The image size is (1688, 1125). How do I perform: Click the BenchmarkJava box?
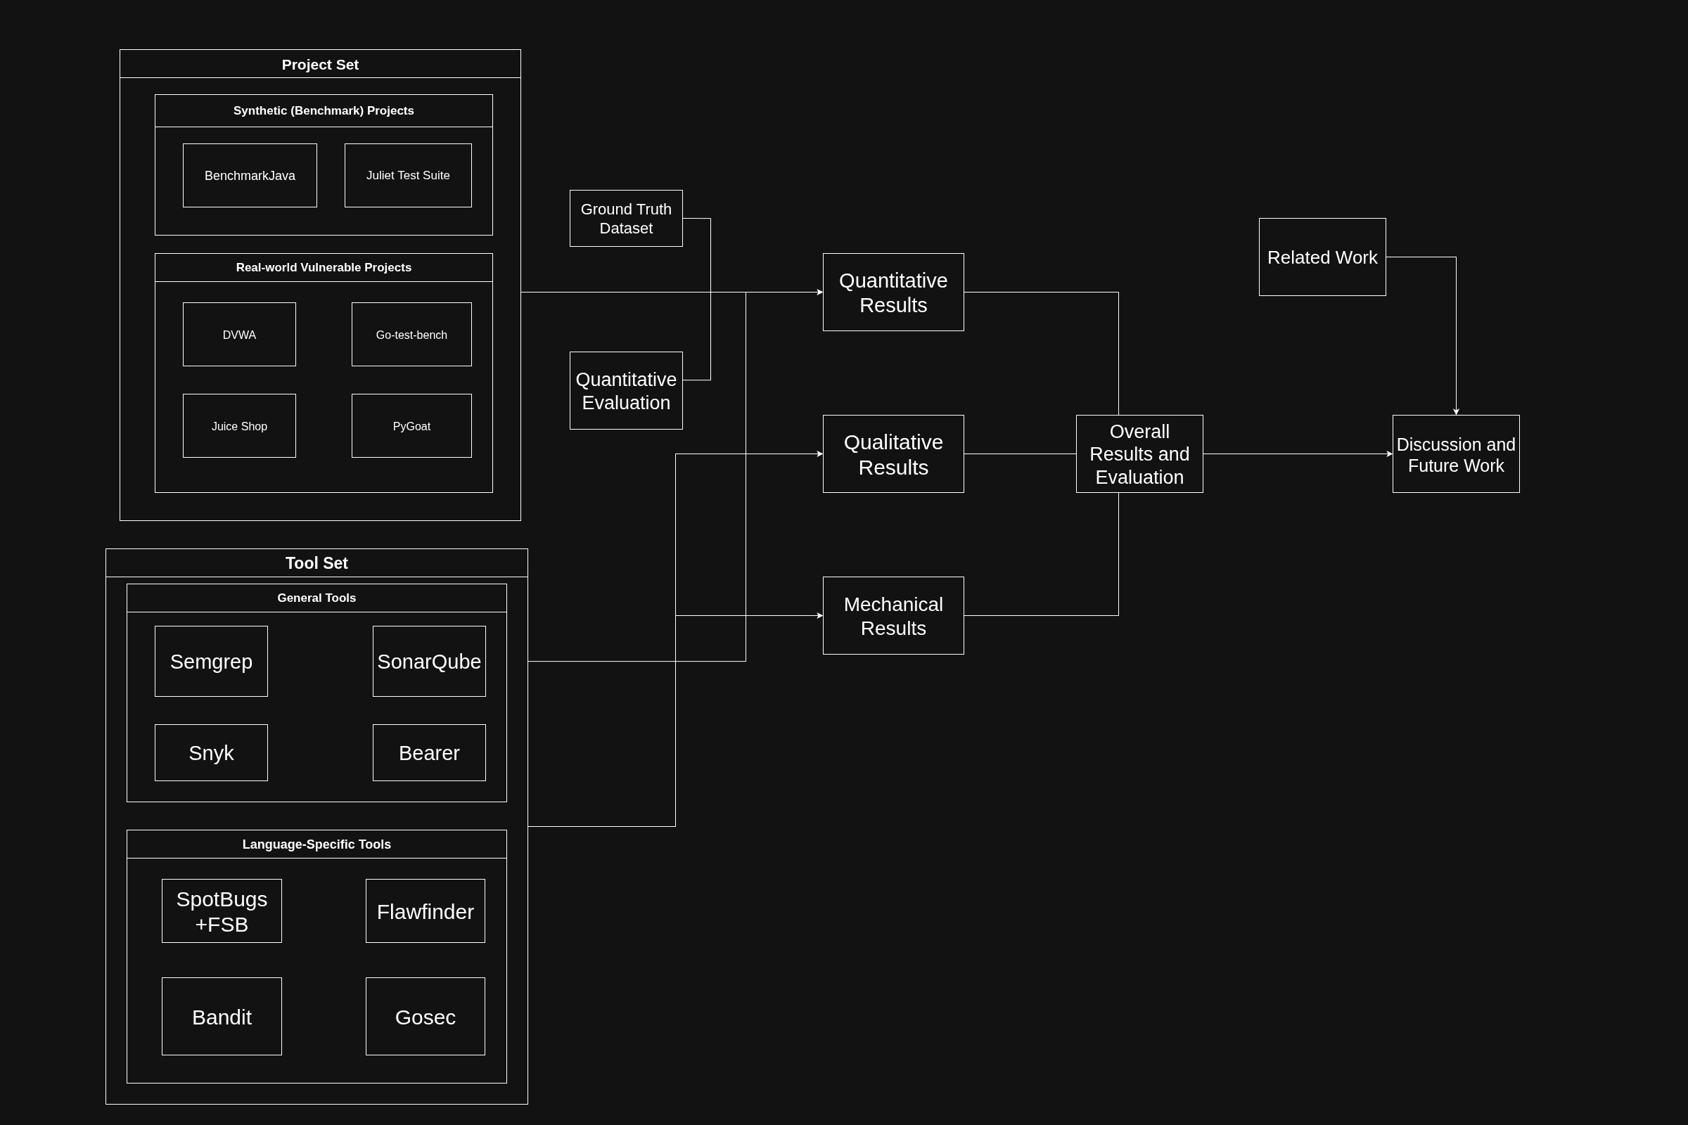click(x=250, y=175)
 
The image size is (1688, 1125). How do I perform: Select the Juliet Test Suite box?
click(x=408, y=175)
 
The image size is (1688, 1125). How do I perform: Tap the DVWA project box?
click(x=239, y=335)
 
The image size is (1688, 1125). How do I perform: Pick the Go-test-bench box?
click(x=411, y=335)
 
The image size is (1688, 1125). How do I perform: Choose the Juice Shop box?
click(x=239, y=425)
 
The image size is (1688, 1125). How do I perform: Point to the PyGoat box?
click(x=411, y=425)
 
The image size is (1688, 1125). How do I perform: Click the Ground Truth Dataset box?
click(x=626, y=218)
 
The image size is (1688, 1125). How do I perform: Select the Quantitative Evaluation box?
click(x=626, y=390)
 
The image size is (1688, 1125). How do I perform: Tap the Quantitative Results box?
click(x=893, y=292)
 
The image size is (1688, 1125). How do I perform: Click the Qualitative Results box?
click(x=893, y=454)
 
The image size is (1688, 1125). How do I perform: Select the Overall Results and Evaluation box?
click(x=1139, y=454)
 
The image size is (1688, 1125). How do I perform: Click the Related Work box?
click(x=1322, y=257)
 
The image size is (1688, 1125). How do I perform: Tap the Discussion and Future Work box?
click(x=1455, y=454)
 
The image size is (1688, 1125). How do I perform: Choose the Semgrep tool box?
click(x=211, y=661)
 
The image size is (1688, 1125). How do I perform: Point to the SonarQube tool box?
click(x=428, y=661)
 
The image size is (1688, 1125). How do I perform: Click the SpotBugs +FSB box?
click(x=222, y=911)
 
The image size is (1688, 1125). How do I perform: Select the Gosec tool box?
click(x=425, y=1016)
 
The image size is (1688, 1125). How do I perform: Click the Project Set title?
click(x=320, y=64)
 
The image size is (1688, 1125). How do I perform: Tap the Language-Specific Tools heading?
click(x=316, y=844)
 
